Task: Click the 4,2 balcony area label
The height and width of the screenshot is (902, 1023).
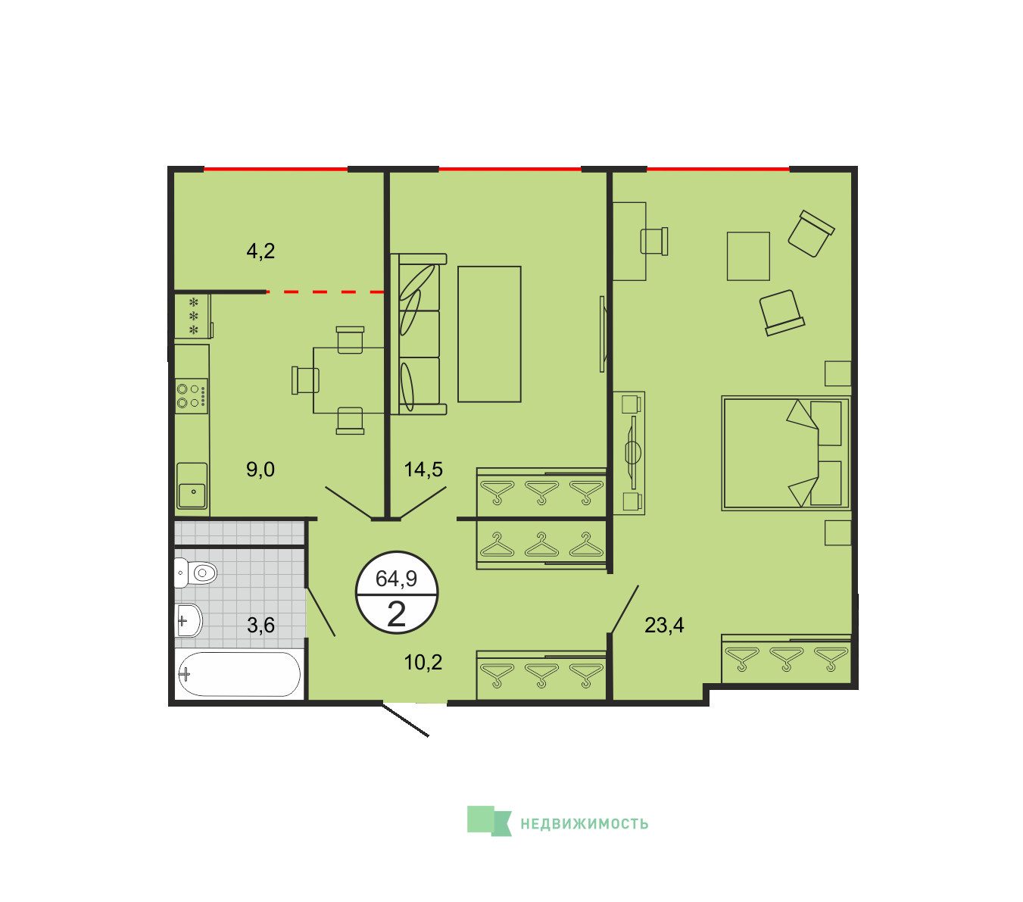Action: tap(260, 251)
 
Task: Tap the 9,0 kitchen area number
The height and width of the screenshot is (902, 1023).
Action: tap(260, 470)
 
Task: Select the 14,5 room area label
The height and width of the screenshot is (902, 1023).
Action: tap(423, 470)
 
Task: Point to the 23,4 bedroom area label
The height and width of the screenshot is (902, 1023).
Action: tap(664, 626)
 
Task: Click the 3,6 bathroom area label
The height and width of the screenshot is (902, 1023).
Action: tap(260, 626)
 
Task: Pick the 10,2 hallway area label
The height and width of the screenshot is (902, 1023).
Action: tap(423, 662)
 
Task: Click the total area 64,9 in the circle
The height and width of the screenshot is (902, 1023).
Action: tap(396, 579)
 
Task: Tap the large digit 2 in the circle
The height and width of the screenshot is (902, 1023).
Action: tap(396, 613)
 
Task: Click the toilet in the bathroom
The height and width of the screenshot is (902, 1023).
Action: tap(195, 573)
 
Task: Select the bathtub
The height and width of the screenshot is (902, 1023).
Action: tap(239, 674)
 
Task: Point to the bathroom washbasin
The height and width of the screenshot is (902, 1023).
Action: tap(189, 620)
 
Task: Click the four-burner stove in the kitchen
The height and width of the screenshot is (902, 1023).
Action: tap(192, 396)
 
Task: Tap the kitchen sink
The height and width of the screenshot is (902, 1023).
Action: tap(192, 485)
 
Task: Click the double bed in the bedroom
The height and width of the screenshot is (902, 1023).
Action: tap(785, 453)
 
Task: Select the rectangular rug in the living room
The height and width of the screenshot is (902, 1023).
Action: tap(489, 334)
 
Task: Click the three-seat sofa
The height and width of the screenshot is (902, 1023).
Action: tap(419, 334)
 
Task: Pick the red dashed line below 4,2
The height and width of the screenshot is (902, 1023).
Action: tap(325, 292)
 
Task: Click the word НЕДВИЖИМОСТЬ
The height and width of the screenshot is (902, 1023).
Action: tap(585, 824)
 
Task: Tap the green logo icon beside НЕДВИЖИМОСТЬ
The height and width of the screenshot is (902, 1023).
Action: tap(489, 821)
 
